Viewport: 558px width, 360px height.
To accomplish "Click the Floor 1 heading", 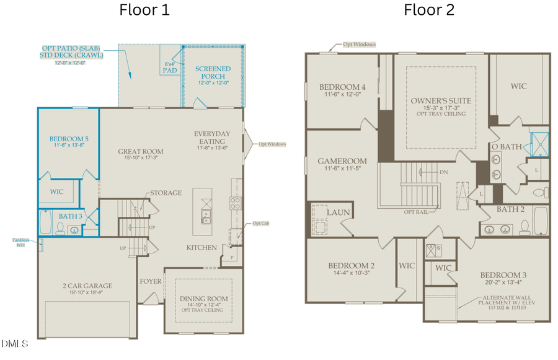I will point(144,10).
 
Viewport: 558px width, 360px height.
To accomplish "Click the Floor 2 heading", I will point(429,10).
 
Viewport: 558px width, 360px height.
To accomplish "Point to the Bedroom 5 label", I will point(68,139).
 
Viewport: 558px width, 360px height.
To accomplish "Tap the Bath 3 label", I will point(72,216).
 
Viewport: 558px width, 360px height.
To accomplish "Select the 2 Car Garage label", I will point(87,286).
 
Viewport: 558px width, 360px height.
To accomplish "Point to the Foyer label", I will point(150,281).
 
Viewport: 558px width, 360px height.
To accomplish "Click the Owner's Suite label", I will point(441,100).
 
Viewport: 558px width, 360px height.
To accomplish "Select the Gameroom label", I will point(342,160).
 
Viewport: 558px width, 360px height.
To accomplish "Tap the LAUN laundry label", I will point(339,213).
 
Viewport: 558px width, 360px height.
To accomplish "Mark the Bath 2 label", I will point(511,209).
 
